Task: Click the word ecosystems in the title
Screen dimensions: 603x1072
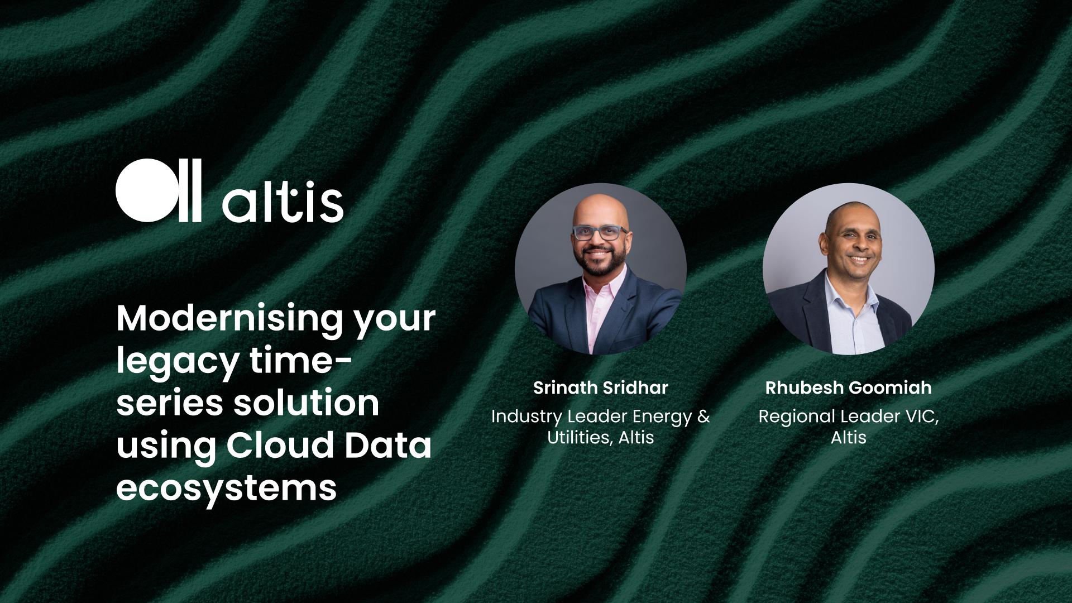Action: click(226, 487)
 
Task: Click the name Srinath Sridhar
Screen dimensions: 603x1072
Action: click(600, 387)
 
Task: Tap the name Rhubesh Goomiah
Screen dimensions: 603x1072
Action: click(848, 387)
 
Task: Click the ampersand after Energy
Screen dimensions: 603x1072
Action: click(703, 417)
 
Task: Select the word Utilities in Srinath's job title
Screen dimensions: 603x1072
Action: click(578, 437)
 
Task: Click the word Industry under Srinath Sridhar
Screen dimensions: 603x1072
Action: click(527, 417)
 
